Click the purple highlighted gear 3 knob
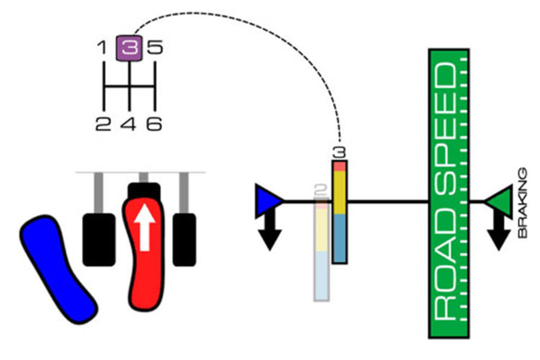(129, 48)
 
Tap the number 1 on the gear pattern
(102, 47)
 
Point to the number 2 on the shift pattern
(103, 124)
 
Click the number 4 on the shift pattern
(129, 124)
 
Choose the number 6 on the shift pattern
(154, 124)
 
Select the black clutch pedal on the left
(99, 239)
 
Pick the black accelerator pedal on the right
(184, 239)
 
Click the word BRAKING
(523, 202)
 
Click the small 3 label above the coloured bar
(339, 153)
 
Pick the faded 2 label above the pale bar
(321, 190)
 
